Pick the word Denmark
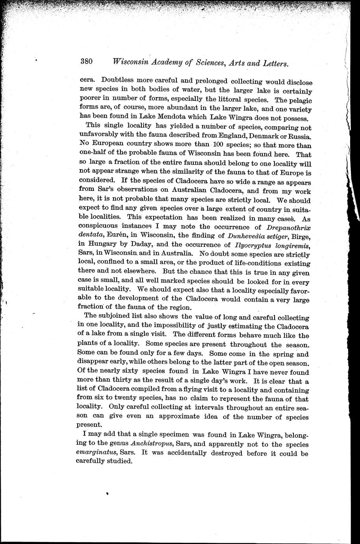pyautogui.click(x=260, y=136)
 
